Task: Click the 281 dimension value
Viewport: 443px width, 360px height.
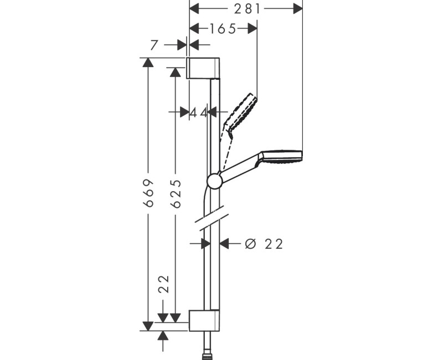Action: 246,8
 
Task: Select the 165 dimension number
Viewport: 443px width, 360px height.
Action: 223,29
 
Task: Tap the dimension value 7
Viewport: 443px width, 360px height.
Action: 154,45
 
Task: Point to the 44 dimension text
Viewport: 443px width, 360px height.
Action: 198,112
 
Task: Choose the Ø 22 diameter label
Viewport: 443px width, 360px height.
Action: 264,244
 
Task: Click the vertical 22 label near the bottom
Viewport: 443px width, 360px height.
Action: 163,284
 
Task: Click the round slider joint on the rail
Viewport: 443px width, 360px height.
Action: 214,181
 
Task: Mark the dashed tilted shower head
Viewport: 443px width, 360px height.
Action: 241,114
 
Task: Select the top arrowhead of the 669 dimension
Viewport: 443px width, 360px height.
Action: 148,62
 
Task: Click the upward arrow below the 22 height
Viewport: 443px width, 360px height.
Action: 163,336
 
